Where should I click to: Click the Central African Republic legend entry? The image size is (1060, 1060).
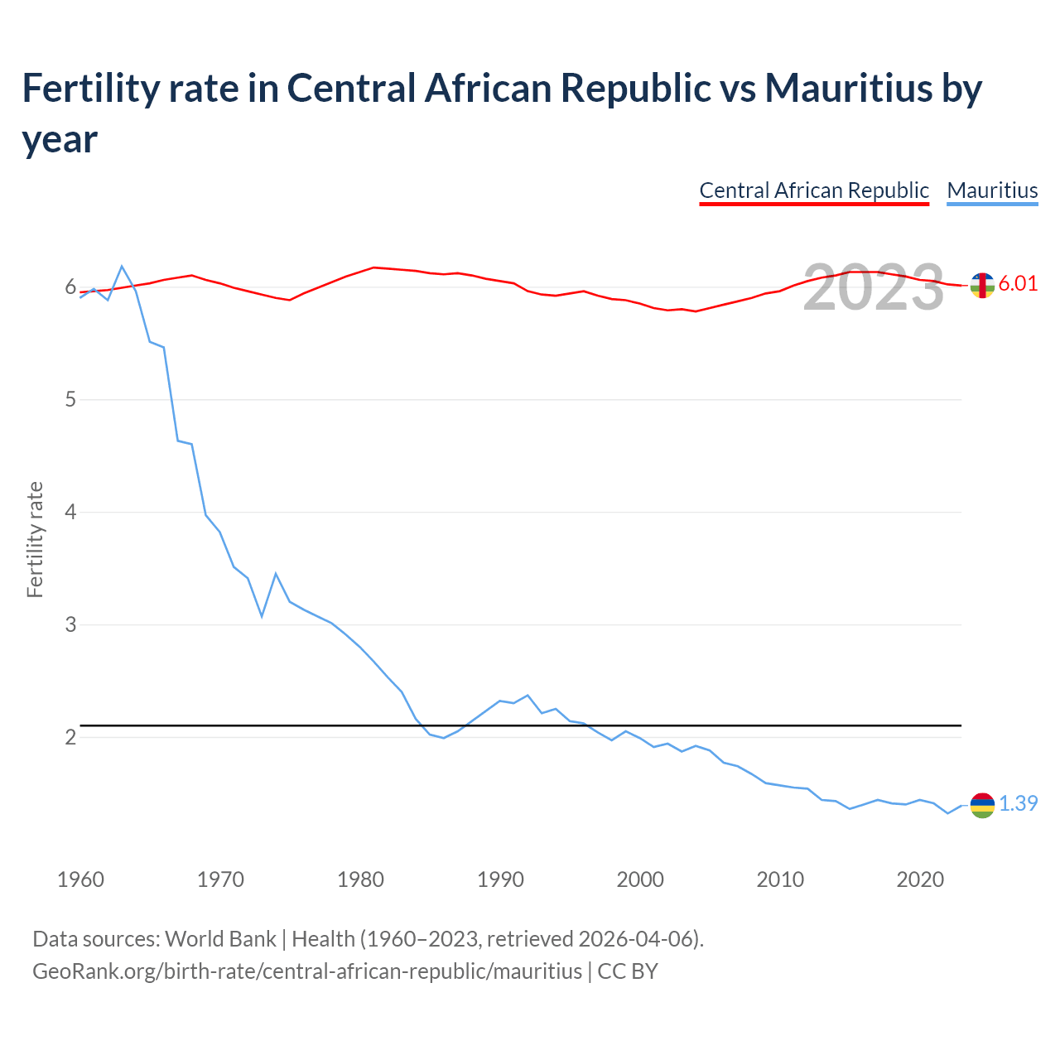click(x=814, y=190)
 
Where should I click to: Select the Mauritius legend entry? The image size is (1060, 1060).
click(x=992, y=190)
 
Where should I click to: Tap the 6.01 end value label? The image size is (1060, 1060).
click(x=1018, y=283)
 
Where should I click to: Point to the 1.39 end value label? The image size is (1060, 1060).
click(x=1018, y=803)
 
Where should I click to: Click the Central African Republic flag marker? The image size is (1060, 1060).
click(x=982, y=285)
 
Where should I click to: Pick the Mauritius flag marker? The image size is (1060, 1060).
click(x=982, y=804)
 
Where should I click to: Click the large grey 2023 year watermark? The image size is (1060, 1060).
click(x=874, y=287)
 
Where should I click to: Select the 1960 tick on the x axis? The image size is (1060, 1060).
click(x=80, y=879)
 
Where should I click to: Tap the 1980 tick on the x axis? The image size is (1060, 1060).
click(x=360, y=879)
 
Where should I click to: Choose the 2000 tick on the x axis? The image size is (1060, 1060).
click(x=640, y=879)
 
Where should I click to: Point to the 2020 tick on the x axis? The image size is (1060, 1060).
click(x=920, y=879)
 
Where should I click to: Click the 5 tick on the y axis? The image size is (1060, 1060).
click(x=70, y=400)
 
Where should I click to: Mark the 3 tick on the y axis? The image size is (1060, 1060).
click(x=70, y=624)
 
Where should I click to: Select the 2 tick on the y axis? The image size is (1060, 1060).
click(x=70, y=737)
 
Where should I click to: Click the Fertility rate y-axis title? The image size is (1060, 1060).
click(x=35, y=539)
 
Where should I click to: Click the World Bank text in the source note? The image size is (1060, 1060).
click(x=220, y=939)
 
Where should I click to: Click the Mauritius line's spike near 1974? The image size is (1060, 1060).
click(x=276, y=574)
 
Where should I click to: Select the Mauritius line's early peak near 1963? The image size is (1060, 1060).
click(x=122, y=267)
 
